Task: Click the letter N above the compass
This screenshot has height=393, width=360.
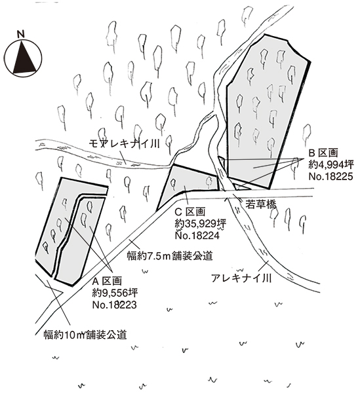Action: (21, 34)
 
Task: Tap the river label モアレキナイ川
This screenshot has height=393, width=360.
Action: (124, 144)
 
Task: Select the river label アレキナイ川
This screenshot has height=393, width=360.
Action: (241, 278)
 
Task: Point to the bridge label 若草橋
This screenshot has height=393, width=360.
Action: (260, 204)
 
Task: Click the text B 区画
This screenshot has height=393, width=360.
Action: (323, 153)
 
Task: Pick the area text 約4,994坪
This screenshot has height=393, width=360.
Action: (331, 164)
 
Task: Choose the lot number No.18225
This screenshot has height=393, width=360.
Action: (330, 176)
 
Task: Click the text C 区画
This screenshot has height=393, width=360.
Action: (190, 212)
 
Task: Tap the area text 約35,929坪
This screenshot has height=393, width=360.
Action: (201, 223)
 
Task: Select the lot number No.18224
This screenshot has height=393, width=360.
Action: (197, 235)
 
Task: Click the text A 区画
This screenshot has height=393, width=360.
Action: (107, 281)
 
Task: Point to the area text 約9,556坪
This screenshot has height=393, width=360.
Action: (115, 293)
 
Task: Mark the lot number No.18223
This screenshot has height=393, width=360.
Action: (115, 305)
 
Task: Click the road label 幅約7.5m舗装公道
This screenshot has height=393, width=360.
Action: (170, 256)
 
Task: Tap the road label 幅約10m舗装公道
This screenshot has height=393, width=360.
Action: (85, 335)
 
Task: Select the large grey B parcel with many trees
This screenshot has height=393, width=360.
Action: (266, 110)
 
